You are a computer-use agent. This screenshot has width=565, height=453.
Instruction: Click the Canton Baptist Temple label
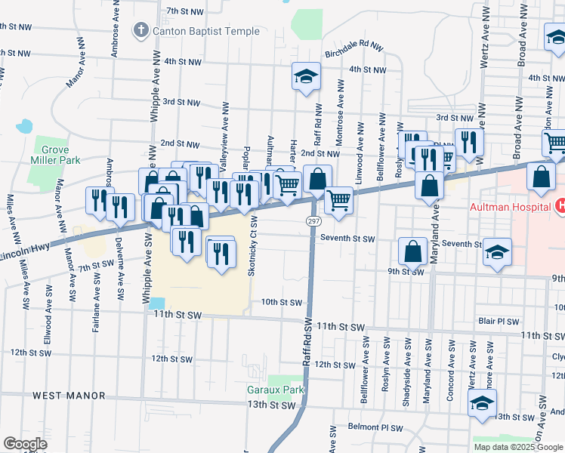pyautogui.click(x=206, y=32)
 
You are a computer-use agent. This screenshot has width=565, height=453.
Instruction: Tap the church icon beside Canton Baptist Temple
pyautogui.click(x=140, y=31)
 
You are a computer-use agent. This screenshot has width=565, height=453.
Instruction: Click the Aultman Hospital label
pyautogui.click(x=510, y=206)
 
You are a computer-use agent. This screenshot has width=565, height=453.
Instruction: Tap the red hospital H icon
pyautogui.click(x=560, y=205)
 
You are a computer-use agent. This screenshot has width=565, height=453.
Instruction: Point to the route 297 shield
pyautogui.click(x=312, y=220)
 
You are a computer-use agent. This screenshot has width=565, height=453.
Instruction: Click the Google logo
pyautogui.click(x=26, y=444)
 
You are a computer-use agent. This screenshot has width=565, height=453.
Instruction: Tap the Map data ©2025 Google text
pyautogui.click(x=517, y=447)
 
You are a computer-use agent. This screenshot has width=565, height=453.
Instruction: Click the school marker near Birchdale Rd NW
pyautogui.click(x=306, y=77)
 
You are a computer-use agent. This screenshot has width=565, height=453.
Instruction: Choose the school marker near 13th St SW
pyautogui.click(x=482, y=402)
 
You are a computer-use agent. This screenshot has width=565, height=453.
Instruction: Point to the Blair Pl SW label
pyautogui.click(x=497, y=321)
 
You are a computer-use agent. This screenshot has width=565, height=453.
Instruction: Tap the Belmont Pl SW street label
pyautogui.click(x=376, y=427)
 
